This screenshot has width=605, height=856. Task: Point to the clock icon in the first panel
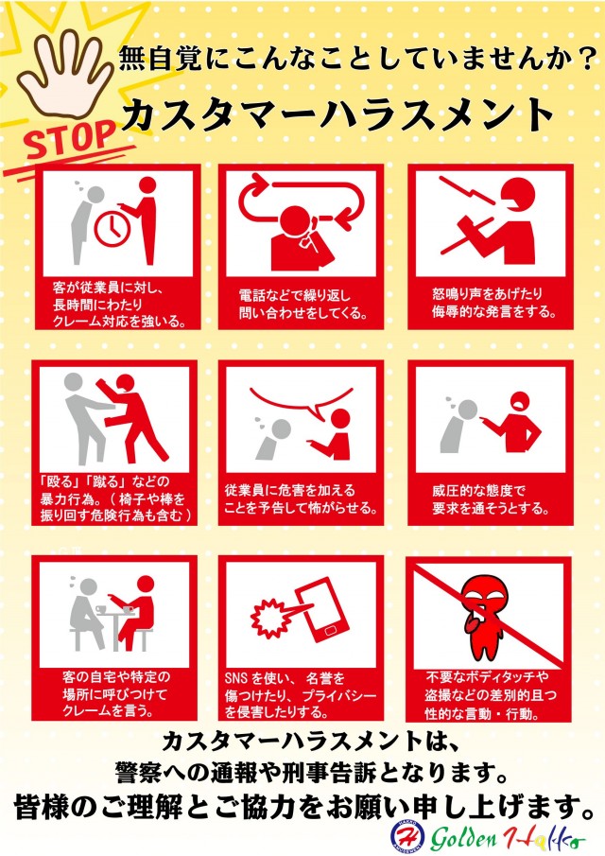click(x=112, y=222)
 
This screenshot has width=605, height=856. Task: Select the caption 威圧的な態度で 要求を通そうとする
click(x=486, y=499)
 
